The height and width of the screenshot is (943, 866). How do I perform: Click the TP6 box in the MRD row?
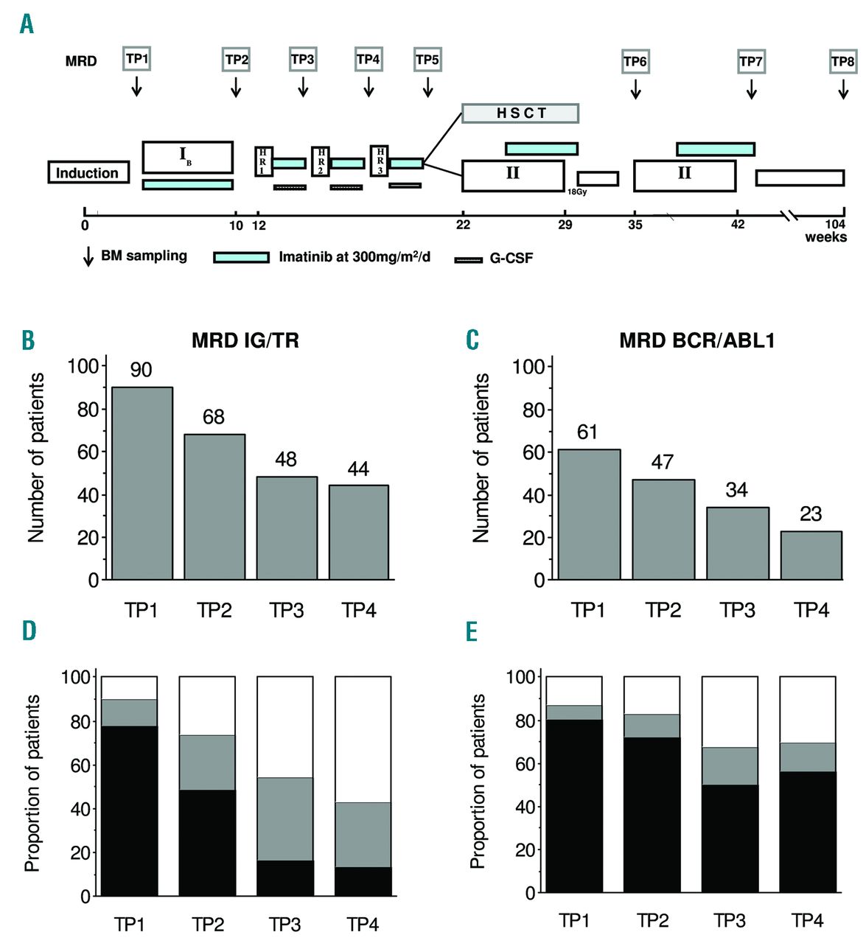(x=635, y=61)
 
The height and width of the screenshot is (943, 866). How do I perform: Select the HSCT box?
(x=520, y=113)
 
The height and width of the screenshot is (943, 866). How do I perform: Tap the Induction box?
(x=88, y=172)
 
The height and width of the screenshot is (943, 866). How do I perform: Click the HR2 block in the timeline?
(x=321, y=161)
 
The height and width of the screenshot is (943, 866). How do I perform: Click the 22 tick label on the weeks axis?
(x=463, y=225)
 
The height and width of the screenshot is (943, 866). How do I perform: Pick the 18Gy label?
(x=577, y=192)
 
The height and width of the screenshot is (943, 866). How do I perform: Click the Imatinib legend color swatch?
(x=241, y=257)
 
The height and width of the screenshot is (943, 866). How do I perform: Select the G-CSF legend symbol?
(x=469, y=259)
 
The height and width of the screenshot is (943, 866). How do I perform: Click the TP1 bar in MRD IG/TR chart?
(x=142, y=483)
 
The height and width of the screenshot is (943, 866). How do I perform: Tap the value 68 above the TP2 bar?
(x=214, y=417)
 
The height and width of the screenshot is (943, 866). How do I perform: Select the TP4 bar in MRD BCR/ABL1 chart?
(x=811, y=555)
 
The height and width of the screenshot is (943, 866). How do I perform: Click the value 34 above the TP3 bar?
(x=736, y=490)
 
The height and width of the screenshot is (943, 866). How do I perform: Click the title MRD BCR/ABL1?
(x=696, y=340)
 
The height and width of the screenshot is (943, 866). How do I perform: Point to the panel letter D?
(x=29, y=631)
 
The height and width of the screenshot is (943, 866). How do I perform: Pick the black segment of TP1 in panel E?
(x=574, y=806)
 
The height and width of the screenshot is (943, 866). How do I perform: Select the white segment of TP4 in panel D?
(x=363, y=739)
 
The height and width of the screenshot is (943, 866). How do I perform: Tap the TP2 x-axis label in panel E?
(x=652, y=920)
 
